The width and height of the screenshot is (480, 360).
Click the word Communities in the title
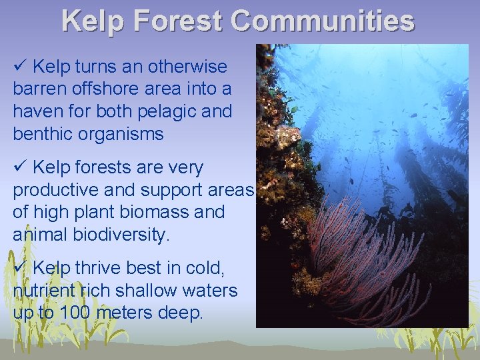point(323,21)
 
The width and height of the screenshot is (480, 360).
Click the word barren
point(41,89)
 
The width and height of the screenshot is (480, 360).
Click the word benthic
point(41,133)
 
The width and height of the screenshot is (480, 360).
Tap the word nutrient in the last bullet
point(40,291)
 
